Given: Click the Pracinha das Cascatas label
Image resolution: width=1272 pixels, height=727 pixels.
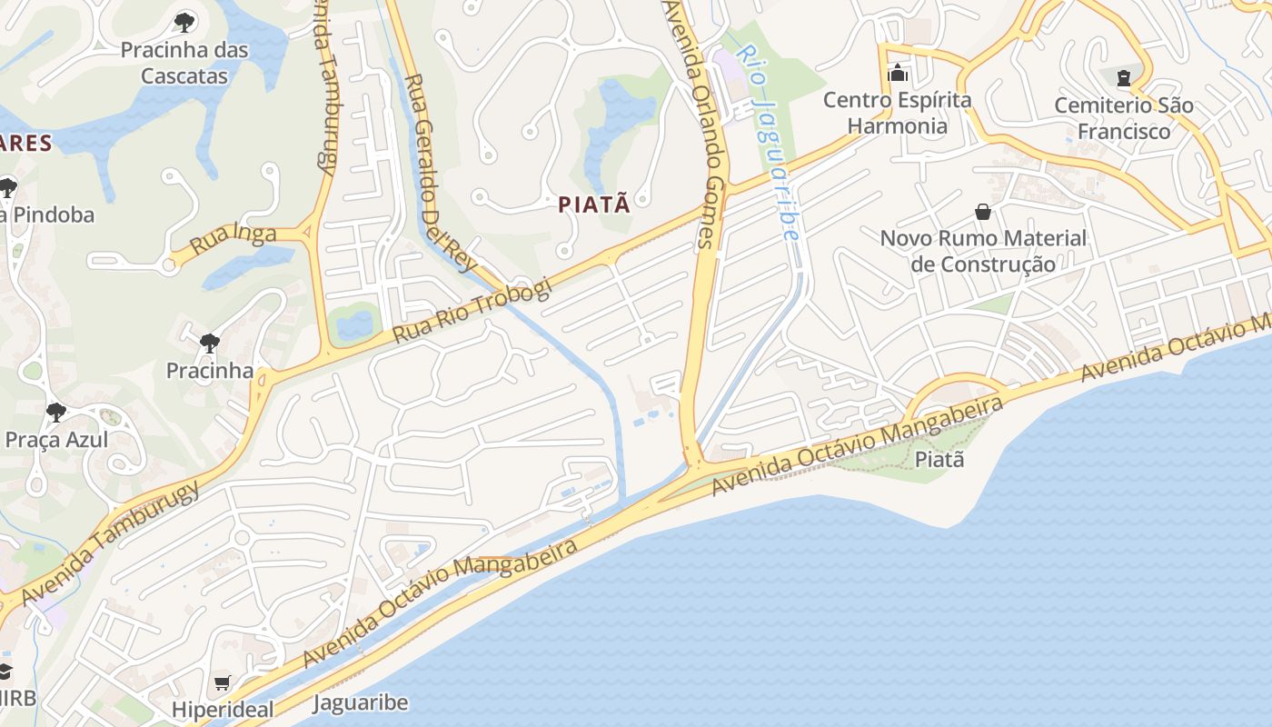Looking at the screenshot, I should (184, 63).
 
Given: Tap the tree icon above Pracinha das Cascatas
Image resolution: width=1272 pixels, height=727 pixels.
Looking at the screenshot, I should (184, 22).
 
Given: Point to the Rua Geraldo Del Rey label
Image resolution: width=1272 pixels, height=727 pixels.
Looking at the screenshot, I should (440, 172).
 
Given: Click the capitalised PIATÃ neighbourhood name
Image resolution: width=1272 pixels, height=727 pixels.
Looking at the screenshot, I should (594, 204).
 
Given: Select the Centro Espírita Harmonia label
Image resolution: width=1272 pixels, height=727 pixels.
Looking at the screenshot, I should (897, 113).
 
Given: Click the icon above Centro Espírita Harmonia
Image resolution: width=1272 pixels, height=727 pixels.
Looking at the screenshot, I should (898, 73).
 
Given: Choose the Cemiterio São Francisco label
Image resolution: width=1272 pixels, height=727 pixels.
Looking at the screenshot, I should (1124, 118).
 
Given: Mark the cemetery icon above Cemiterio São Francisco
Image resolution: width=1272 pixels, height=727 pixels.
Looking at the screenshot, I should (1124, 78).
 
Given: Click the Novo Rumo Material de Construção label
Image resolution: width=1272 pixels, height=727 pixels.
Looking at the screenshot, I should (983, 251).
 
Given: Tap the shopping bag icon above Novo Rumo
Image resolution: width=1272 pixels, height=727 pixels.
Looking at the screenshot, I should (983, 212).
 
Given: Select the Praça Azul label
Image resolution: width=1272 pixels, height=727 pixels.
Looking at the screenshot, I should (56, 440).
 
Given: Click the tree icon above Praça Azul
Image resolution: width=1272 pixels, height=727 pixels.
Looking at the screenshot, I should (56, 413).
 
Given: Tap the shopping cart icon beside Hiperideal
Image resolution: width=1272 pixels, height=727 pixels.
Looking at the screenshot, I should (223, 682).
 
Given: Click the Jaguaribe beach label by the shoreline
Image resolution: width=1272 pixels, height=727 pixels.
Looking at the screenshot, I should (361, 702).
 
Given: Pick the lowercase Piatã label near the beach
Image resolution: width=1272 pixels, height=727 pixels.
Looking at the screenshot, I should (939, 459).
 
